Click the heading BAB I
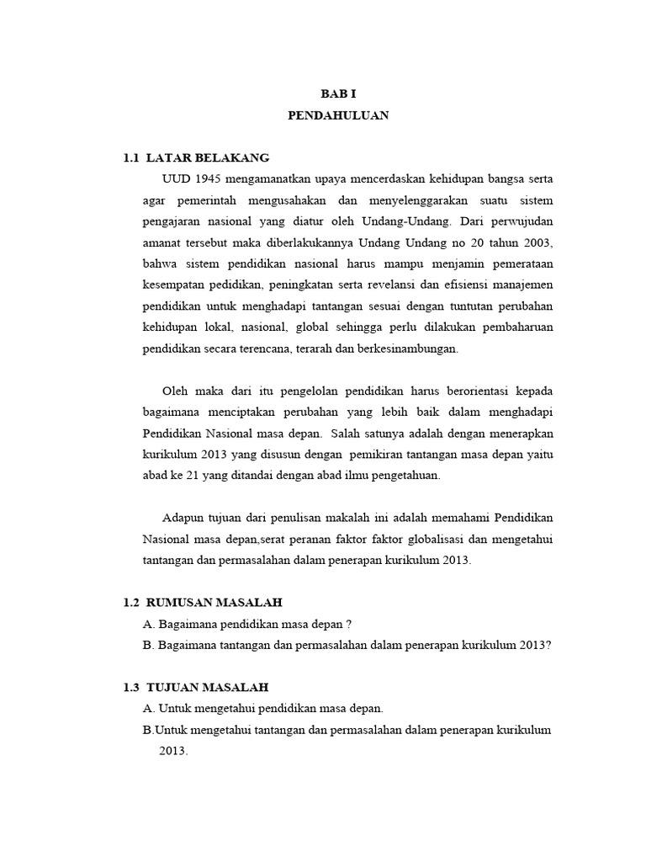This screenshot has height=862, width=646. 338,95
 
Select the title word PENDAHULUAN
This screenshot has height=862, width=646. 338,116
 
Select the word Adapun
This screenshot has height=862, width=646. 183,517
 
